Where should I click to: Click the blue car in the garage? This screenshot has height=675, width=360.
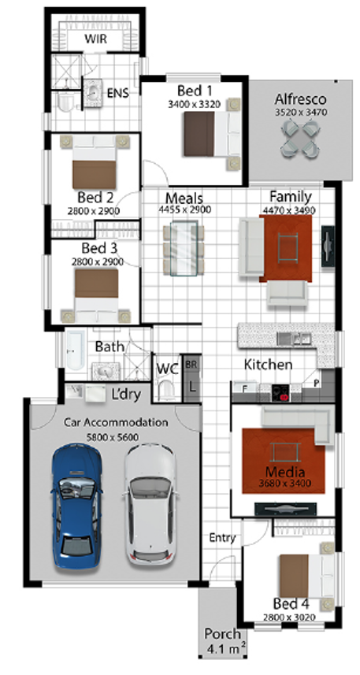point(77,506)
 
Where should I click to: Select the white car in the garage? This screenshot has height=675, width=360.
point(151,503)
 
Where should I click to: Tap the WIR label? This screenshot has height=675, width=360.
point(95,39)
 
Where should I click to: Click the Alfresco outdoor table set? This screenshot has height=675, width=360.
point(301,138)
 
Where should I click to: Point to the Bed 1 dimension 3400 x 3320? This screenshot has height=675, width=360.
point(195,104)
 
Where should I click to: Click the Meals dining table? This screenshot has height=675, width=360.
point(184,248)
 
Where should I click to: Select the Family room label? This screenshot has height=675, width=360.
point(291,197)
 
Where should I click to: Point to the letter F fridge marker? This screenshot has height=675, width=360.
point(245,388)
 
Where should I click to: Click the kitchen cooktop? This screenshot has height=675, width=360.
point(281,392)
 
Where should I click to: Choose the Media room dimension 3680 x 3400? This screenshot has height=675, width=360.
point(285,483)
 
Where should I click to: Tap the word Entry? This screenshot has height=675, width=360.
point(223,538)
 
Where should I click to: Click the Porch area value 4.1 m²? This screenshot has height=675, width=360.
point(227,648)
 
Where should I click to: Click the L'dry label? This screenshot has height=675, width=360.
point(126,395)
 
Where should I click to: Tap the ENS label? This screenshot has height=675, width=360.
point(118,93)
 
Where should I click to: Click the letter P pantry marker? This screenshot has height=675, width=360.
point(317,383)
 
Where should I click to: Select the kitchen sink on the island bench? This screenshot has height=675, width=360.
point(295,339)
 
